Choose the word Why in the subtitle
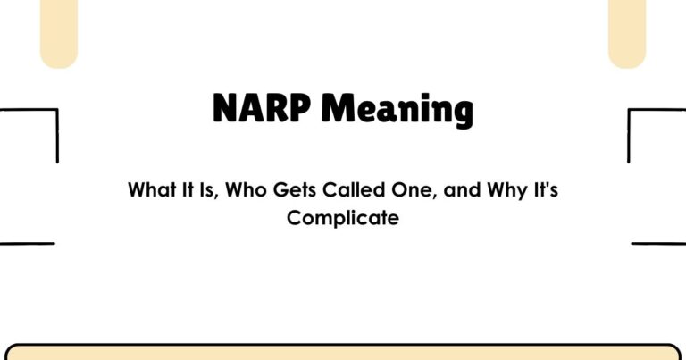(486, 191)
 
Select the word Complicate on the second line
(342, 217)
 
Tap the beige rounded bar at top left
(59, 31)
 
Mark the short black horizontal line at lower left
(27, 243)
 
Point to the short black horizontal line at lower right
(658, 243)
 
